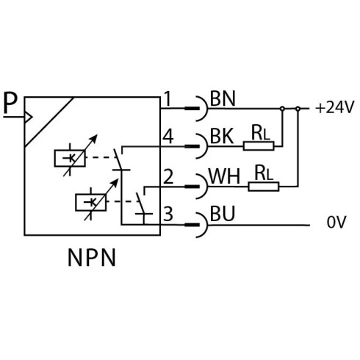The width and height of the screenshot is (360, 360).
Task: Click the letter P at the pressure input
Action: [x=11, y=103]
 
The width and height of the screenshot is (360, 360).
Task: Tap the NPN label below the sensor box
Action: [x=91, y=257]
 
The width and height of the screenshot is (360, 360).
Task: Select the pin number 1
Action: [x=168, y=98]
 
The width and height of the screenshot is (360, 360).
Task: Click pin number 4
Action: [x=168, y=137]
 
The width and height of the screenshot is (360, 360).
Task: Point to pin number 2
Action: [x=168, y=176]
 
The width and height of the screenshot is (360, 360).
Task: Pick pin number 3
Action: [x=168, y=214]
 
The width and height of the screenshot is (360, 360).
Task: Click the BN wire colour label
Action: [x=223, y=98]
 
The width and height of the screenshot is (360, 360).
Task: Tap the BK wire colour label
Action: [x=222, y=136]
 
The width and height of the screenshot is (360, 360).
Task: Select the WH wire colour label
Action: [x=224, y=176]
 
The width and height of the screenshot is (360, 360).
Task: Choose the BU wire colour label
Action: [x=223, y=214]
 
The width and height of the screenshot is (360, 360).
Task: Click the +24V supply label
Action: [x=335, y=107]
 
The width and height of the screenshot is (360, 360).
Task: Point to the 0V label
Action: [x=336, y=222]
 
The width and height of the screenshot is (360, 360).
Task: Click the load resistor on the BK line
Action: [x=259, y=145]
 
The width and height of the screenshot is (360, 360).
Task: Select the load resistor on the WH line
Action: [x=264, y=187]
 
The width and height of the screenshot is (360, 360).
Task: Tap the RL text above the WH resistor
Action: [x=264, y=173]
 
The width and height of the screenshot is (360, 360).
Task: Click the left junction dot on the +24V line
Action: [x=282, y=109]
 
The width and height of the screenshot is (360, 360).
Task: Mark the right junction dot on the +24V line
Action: [x=298, y=109]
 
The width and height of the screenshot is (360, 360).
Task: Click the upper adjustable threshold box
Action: [x=70, y=158]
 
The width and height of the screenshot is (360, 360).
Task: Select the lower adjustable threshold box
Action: [x=91, y=202]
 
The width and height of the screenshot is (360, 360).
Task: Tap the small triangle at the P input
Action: [x=28, y=117]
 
